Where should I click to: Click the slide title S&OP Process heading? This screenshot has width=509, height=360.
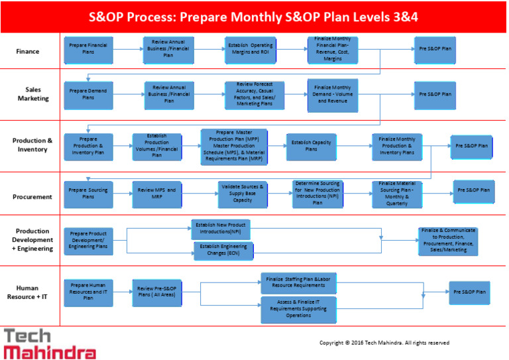coord(254,15)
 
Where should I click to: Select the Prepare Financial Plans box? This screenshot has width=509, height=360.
coord(88,48)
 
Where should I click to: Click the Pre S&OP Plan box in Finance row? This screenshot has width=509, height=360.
coord(435,48)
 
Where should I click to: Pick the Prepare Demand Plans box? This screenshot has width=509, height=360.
coord(88,95)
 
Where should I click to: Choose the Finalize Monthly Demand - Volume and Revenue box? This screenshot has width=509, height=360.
coord(333,94)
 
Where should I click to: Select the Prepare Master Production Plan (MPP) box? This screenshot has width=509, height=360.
coord(233,146)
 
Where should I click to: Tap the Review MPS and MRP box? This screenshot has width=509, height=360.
coord(157,194)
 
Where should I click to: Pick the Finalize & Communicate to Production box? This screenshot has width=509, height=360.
coord(447,241)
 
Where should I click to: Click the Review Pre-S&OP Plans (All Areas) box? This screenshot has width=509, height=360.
coord(156,292)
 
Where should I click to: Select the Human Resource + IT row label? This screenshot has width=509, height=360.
coord(32,292)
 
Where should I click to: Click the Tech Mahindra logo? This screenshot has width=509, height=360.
coord(50,343)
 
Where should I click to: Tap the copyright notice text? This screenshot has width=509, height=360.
coord(384,343)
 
